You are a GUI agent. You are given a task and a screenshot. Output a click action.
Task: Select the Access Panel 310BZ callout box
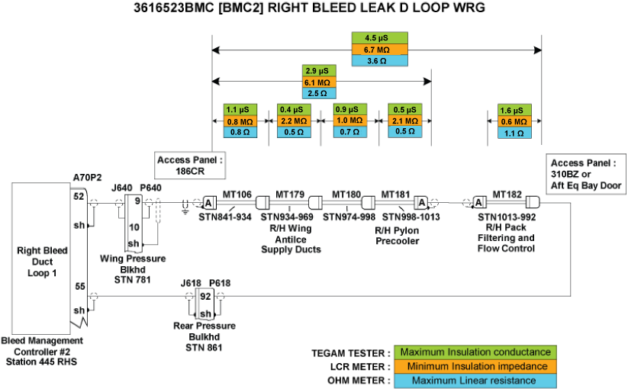tap(586, 174)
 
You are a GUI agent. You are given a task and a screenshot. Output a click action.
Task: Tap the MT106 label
tap(237, 194)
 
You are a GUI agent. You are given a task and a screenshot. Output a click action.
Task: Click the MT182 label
tap(507, 194)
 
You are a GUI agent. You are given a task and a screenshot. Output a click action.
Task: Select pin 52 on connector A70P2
tap(79, 196)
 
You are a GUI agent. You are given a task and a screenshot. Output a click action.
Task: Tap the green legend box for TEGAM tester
tap(475, 352)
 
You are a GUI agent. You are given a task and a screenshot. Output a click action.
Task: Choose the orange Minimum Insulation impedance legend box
tap(475, 366)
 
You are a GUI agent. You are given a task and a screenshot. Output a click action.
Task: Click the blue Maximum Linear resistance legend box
tap(475, 381)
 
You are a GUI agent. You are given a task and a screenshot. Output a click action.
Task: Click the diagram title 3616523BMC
tap(314, 9)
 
